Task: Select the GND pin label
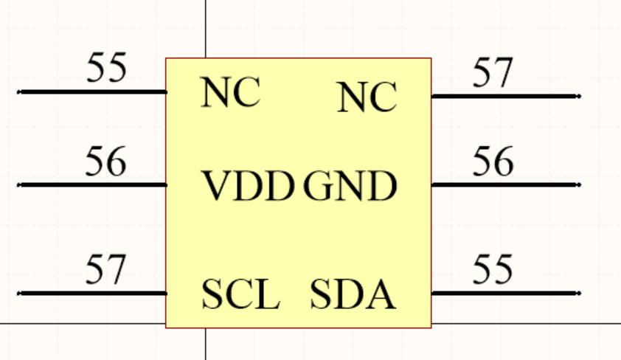(x=350, y=187)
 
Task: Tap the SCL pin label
(x=240, y=295)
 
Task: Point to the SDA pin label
(x=353, y=295)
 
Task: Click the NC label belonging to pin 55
(x=230, y=93)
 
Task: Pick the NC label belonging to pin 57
(x=367, y=97)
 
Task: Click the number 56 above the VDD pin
(x=105, y=162)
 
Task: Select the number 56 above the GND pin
(x=493, y=162)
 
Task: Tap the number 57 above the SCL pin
(x=105, y=270)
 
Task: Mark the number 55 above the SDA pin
(x=493, y=269)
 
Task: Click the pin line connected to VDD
(x=92, y=184)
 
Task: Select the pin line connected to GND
(x=505, y=184)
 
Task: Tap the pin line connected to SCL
(x=92, y=293)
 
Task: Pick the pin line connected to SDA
(x=505, y=293)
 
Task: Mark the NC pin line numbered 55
(x=92, y=91)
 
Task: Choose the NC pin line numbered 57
(x=505, y=96)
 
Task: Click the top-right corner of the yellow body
(x=431, y=58)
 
